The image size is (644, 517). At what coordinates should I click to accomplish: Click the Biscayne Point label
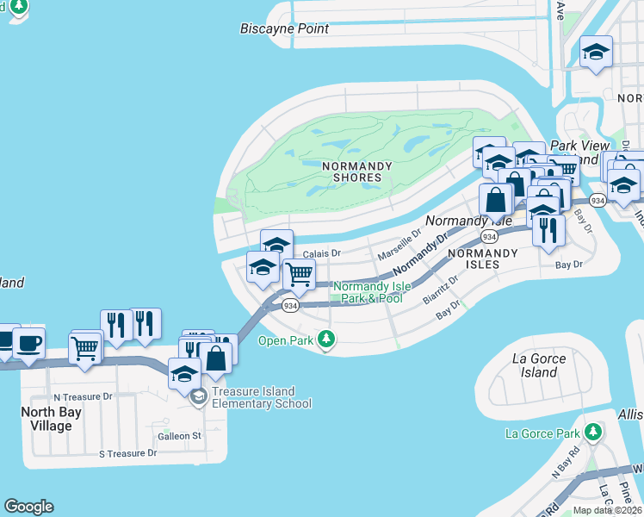coord(284,28)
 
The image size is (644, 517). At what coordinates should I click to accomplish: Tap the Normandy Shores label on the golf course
coord(350,171)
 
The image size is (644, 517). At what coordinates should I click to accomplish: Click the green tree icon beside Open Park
coord(325,339)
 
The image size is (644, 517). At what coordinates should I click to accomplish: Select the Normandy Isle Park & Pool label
coord(368,292)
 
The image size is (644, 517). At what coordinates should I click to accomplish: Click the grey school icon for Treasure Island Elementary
coord(199,396)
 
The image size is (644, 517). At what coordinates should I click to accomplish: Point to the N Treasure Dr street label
coord(83,397)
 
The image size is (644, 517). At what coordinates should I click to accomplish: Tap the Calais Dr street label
coord(323,254)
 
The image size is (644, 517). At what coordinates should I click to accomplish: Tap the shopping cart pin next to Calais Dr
coord(298,275)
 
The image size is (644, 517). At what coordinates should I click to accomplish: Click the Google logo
coord(28,507)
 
